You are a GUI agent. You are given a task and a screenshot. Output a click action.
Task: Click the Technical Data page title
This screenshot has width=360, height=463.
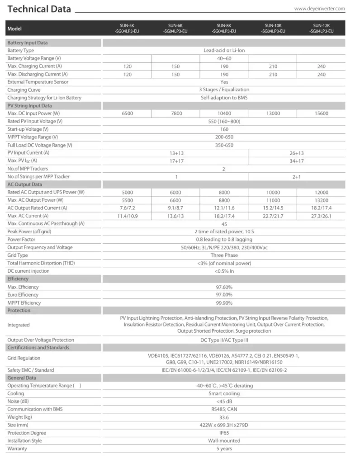[x=40, y=9]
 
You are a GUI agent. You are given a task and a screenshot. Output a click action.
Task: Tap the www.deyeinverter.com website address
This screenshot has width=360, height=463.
[x=319, y=8]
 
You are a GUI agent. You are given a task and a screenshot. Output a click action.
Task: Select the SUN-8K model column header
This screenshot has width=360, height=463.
[x=224, y=28]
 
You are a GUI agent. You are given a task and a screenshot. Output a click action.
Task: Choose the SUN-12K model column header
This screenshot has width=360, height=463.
[x=322, y=28]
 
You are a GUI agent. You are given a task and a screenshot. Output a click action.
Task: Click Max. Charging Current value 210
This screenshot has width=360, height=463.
[x=273, y=66]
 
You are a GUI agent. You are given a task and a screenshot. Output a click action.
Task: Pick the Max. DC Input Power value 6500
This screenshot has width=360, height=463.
[x=127, y=113]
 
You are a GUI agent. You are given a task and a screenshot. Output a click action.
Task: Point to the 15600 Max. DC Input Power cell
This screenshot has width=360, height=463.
[x=322, y=113]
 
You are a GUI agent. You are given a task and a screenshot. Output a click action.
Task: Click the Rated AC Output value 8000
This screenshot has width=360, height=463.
[x=224, y=192]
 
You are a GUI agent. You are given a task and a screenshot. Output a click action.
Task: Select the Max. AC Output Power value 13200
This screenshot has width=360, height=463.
[x=322, y=200]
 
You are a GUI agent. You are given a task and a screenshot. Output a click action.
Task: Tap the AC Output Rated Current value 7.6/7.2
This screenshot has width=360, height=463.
[x=127, y=208]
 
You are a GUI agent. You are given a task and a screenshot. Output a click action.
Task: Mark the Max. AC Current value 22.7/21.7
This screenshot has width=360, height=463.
[x=273, y=216]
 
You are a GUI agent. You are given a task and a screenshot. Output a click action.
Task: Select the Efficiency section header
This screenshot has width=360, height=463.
[x=18, y=279]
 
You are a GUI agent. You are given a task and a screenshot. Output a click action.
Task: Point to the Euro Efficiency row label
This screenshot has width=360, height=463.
[x=23, y=295]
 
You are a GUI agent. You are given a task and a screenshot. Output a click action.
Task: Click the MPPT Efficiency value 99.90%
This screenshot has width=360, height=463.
[x=224, y=303]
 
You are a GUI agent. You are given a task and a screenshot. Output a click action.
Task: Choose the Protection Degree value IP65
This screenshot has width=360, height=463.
[x=224, y=433]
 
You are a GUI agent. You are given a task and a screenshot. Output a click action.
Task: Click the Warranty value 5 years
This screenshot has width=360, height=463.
[x=224, y=449]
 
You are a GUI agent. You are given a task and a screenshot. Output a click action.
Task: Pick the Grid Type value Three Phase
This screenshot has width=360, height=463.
[x=224, y=255]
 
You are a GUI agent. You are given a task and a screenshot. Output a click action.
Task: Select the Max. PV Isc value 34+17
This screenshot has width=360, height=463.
[x=297, y=161]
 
